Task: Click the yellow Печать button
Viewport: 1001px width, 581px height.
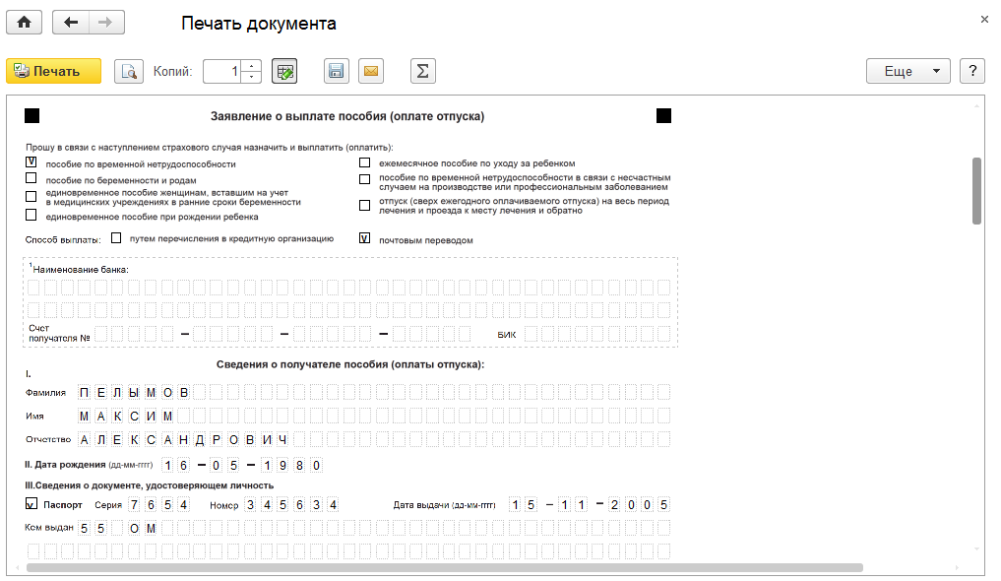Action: tap(54, 71)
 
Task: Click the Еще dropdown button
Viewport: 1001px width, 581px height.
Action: tap(907, 71)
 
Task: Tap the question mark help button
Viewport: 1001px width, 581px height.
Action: tap(972, 71)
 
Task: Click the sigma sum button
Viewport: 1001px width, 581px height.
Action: tap(422, 71)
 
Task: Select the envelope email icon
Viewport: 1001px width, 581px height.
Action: tap(371, 71)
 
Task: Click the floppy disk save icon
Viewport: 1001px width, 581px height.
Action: tap(337, 71)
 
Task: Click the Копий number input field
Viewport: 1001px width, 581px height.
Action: tap(222, 71)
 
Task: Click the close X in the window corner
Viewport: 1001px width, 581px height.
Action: tap(984, 20)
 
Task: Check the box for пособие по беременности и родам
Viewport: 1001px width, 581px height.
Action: tap(31, 179)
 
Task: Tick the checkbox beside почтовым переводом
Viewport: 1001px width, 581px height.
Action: tap(364, 238)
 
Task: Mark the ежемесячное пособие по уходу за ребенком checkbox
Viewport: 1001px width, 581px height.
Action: tap(364, 162)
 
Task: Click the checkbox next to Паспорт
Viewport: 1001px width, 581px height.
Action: tap(31, 504)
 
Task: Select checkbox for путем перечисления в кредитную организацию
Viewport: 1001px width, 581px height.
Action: tap(117, 238)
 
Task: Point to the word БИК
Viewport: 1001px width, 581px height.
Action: tap(506, 335)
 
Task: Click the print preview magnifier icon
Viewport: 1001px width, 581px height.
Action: tap(128, 71)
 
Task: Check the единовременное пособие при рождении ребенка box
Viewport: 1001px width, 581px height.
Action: tap(31, 216)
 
